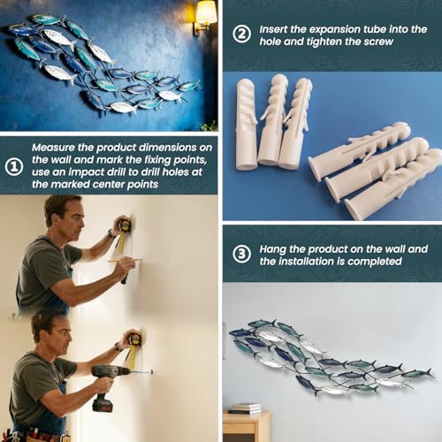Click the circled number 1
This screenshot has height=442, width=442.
pos(14,166)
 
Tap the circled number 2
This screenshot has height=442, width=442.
pos(241,34)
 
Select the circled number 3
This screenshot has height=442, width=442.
pos(241,254)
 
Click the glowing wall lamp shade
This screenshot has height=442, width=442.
pos(206,12)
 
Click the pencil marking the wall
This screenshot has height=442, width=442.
pos(124,260)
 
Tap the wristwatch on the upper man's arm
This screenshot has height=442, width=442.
pos(111,234)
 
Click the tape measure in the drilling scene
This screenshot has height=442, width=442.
pos(133,345)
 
